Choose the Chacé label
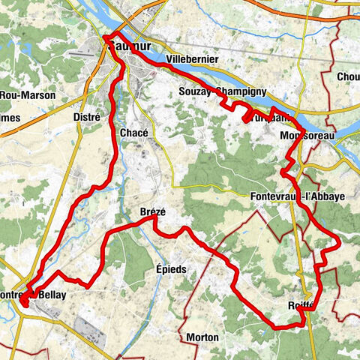(x=134, y=132)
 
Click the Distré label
(x=86, y=116)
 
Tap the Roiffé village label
(x=300, y=305)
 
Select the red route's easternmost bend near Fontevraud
(x=340, y=241)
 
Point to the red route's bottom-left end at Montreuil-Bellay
(x=23, y=304)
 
